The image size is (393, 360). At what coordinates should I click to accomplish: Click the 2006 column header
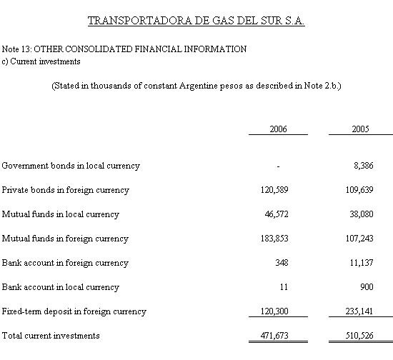(279, 129)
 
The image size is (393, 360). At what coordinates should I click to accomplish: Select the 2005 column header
(361, 129)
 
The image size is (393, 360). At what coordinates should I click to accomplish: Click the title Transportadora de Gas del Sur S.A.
(196, 21)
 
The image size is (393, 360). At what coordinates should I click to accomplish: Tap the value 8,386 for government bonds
(358, 166)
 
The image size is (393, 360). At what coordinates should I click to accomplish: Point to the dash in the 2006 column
(277, 166)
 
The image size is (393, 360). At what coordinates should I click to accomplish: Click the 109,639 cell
(355, 190)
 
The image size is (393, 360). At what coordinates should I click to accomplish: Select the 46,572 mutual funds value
(275, 214)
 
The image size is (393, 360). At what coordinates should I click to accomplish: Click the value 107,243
(355, 239)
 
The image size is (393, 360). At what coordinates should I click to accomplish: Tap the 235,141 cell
(355, 311)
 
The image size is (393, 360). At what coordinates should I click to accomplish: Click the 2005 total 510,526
(355, 335)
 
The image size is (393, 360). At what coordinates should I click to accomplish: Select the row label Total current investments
(51, 335)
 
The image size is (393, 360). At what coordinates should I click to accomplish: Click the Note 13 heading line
(124, 49)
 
